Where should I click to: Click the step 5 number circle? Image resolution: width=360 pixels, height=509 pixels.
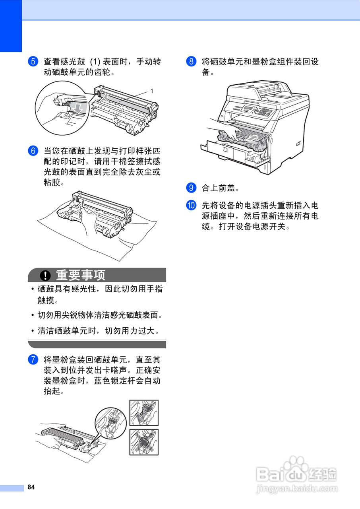pos(33,62)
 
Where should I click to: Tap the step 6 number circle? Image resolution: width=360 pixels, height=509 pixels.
pos(33,151)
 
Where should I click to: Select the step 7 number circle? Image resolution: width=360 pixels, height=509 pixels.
pos(33,360)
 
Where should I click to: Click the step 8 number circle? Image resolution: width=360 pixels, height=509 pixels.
pos(191,62)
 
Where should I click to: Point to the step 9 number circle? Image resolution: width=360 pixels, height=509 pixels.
pos(191,187)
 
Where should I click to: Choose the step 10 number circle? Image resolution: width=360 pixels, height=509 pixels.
pos(191,206)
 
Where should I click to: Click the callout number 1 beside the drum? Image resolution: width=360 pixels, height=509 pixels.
pos(151,91)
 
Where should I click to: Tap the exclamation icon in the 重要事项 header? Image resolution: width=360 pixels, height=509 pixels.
pos(46,275)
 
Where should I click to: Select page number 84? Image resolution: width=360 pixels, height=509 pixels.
pos(31,488)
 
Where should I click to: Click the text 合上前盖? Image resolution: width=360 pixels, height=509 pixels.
pos(220,187)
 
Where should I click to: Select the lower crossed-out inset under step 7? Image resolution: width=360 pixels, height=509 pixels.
pos(144,442)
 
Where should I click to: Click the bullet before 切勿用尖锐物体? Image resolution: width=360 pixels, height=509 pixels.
pos(32,316)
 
